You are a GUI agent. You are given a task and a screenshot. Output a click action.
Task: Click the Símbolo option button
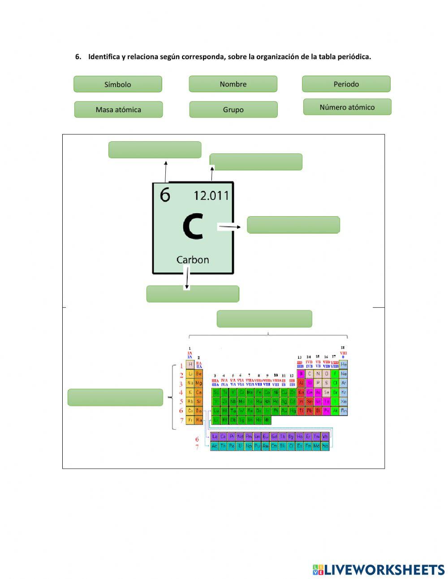point(118,84)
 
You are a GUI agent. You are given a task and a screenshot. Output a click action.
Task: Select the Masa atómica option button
point(118,109)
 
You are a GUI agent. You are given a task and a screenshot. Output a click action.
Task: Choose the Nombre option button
point(233,84)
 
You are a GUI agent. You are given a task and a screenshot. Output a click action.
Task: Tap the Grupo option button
point(233,109)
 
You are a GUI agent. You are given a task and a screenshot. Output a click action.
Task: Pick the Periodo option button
point(346,84)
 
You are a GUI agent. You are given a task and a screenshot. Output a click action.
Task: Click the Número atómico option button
point(347,107)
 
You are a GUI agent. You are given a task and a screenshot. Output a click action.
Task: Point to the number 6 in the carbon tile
point(165,195)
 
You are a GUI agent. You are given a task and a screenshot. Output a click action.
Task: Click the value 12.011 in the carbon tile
point(211,196)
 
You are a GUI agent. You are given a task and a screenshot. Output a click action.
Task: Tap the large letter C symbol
point(193,226)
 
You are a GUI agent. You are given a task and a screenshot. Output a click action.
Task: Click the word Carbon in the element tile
point(193,260)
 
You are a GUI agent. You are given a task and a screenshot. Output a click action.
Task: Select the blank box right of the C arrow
point(293,225)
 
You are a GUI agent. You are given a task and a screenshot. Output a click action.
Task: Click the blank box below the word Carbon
point(193,294)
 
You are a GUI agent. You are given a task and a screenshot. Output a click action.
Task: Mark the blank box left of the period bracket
point(115,397)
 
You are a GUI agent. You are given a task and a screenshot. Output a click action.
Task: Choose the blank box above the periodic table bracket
point(264,319)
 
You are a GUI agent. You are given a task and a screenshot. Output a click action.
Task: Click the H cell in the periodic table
point(190,365)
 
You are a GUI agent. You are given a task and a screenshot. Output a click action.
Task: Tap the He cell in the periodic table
point(344,365)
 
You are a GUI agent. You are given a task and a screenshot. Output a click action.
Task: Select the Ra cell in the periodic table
point(199,420)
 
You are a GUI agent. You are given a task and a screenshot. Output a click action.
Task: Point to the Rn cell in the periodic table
point(344,410)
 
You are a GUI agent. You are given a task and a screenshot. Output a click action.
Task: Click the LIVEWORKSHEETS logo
point(379,570)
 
